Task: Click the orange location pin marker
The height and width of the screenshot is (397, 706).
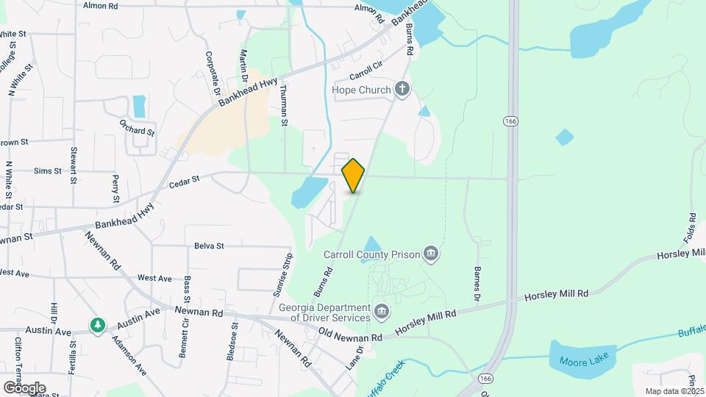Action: (x=353, y=175)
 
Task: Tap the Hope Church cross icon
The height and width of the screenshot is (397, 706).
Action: (x=402, y=90)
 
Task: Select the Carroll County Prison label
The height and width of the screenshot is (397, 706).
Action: (x=371, y=255)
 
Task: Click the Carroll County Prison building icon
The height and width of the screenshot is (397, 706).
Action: (x=431, y=255)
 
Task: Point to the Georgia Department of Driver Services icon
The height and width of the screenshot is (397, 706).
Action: (x=381, y=311)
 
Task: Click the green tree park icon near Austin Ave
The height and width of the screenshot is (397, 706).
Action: (x=97, y=324)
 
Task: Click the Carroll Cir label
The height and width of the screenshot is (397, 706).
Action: (x=367, y=74)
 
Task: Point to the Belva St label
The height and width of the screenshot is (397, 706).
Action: (x=209, y=246)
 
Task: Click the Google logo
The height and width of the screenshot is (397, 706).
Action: (x=24, y=387)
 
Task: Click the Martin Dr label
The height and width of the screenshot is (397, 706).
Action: (x=243, y=66)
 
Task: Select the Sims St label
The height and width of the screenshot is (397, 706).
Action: (x=48, y=171)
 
